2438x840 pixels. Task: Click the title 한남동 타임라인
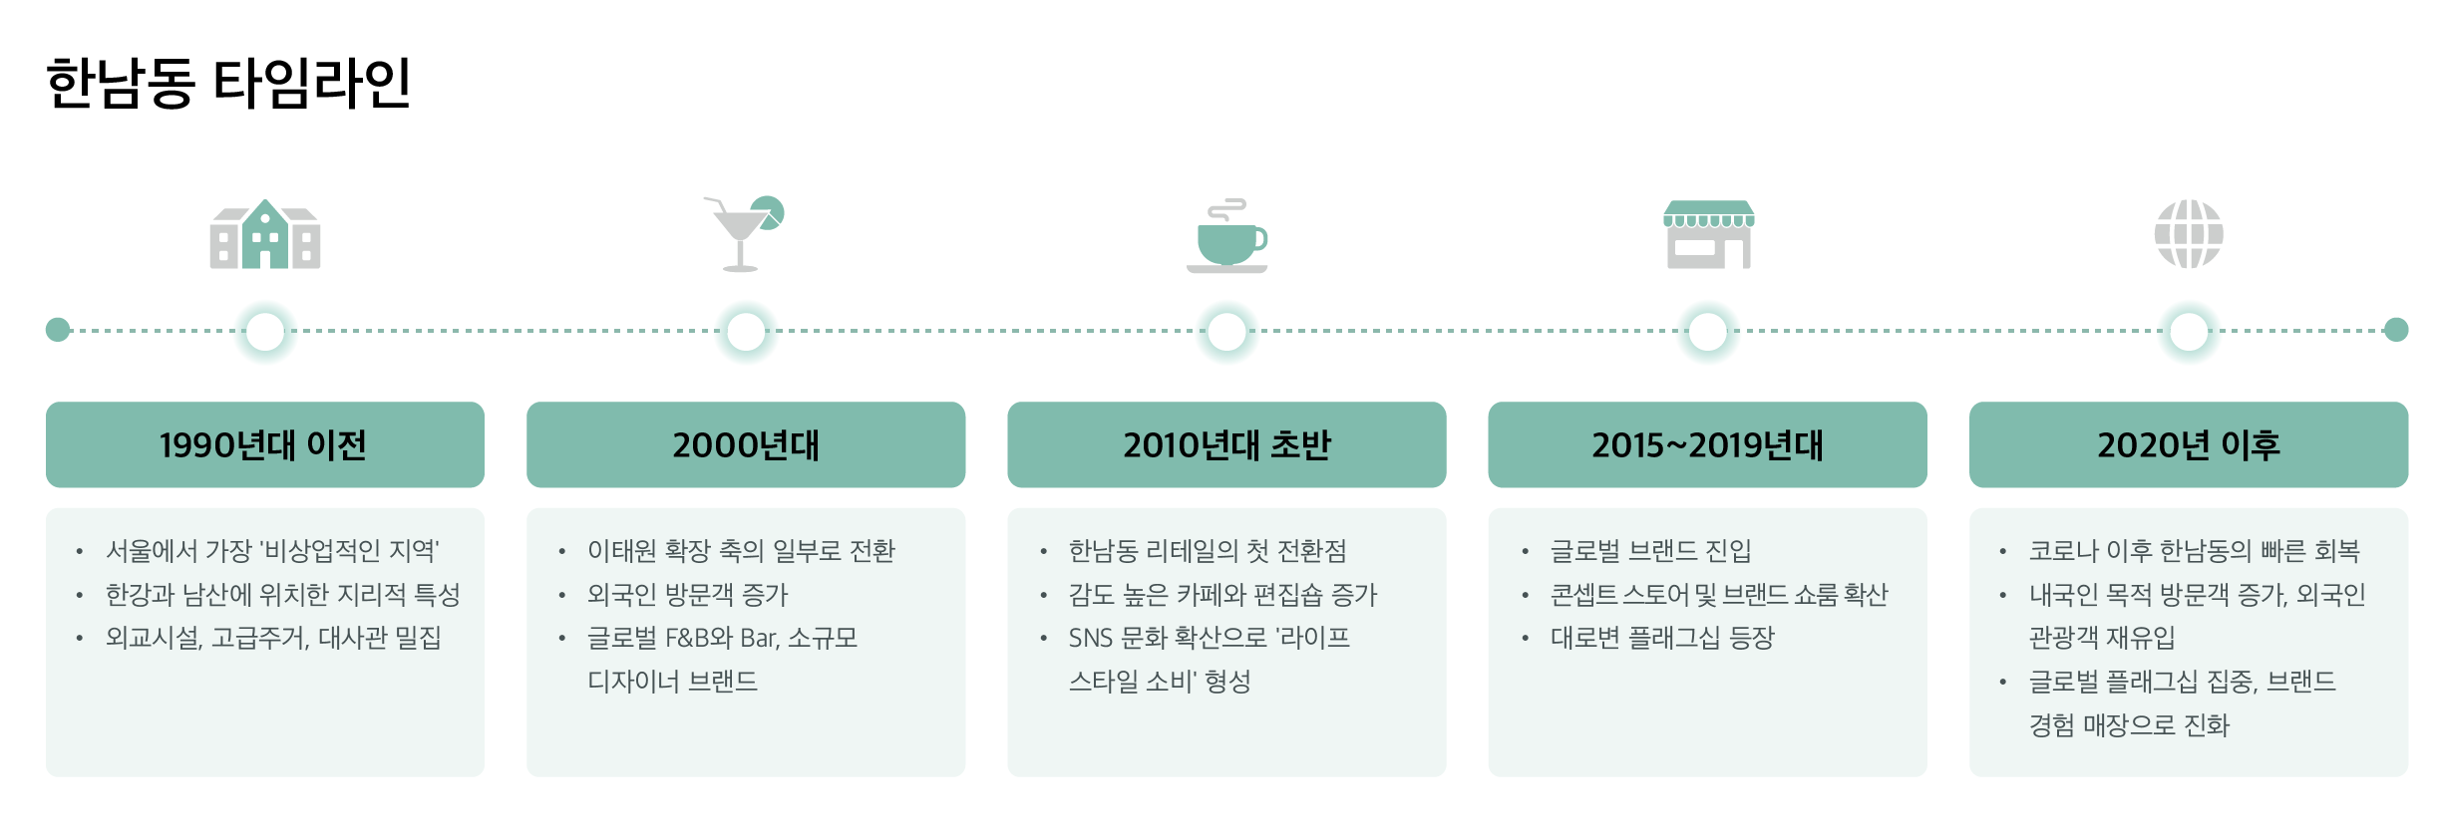228,83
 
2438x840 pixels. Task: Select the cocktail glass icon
743,234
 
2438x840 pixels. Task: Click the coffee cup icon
1227,237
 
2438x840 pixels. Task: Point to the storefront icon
1708,235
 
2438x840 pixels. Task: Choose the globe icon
2189,234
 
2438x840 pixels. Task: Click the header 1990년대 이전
264,444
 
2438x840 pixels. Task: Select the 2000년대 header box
745,444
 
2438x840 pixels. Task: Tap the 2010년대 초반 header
1226,444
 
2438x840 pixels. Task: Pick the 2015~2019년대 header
1707,444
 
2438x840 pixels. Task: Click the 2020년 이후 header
2188,444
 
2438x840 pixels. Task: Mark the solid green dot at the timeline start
58,330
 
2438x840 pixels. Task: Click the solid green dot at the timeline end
2396,330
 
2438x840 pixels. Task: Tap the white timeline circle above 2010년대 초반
1226,331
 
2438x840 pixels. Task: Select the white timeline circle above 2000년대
746,331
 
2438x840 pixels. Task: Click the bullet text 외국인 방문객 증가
687,595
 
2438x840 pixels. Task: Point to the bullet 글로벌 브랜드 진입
1650,551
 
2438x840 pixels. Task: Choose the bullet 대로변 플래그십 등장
1662,638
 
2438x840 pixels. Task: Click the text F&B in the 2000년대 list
687,638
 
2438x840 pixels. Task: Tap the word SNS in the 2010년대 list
1090,638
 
